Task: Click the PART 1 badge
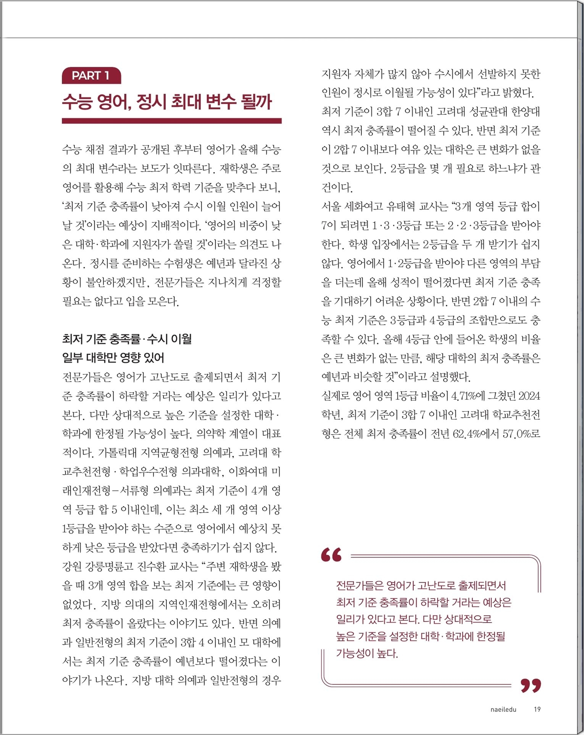[91, 76]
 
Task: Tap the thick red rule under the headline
[171, 121]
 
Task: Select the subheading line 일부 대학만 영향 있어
[113, 358]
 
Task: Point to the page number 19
[537, 709]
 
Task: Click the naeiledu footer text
[503, 709]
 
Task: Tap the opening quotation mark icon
[331, 555]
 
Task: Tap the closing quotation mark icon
[531, 685]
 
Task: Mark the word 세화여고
[363, 206]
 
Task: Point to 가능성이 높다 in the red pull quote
[366, 653]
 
